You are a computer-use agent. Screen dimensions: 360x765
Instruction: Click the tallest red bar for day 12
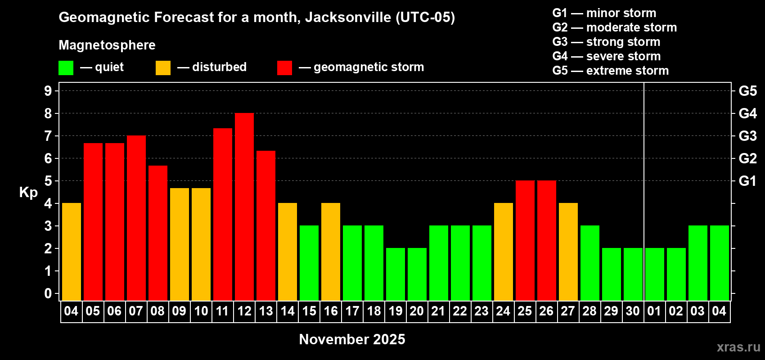pyautogui.click(x=244, y=207)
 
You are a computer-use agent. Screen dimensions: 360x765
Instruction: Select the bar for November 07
pyautogui.click(x=136, y=218)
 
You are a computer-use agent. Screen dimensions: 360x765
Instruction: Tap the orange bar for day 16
pyautogui.click(x=331, y=252)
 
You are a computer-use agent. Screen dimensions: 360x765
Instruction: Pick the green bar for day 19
pyautogui.click(x=396, y=274)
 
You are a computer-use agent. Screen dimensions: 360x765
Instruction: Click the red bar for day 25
pyautogui.click(x=525, y=241)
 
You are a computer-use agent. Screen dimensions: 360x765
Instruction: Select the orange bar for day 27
pyautogui.click(x=568, y=252)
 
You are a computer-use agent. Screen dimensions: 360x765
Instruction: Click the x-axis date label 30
pyautogui.click(x=633, y=311)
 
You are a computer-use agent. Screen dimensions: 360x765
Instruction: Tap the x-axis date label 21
pyautogui.click(x=438, y=311)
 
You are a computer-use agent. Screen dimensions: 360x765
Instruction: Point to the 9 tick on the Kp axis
pyautogui.click(x=48, y=91)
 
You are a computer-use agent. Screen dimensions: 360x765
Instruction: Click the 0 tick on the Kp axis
pyautogui.click(x=48, y=294)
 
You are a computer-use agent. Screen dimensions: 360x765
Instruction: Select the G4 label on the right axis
pyautogui.click(x=747, y=113)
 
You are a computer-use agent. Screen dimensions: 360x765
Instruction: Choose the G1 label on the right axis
pyautogui.click(x=747, y=181)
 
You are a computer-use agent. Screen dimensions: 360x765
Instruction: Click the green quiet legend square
pyautogui.click(x=66, y=68)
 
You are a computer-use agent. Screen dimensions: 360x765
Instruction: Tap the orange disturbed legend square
pyautogui.click(x=163, y=68)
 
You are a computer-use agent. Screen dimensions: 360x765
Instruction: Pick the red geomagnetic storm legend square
pyautogui.click(x=284, y=68)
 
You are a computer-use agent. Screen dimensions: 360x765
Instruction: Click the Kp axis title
pyautogui.click(x=28, y=193)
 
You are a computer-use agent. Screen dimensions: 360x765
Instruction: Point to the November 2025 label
pyautogui.click(x=352, y=339)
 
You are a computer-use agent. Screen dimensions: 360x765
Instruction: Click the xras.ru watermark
pyautogui.click(x=738, y=347)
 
